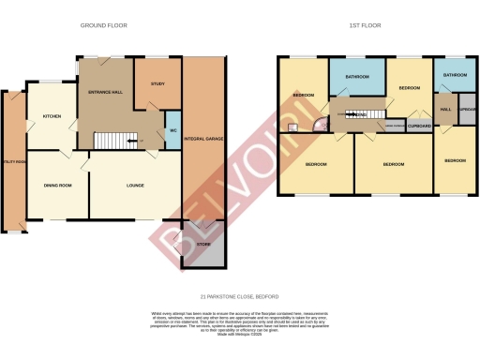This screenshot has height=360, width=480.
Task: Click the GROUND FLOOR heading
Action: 103,25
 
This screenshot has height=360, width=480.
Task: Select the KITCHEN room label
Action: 51,117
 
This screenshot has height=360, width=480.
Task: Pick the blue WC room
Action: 172,131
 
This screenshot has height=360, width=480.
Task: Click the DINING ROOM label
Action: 57,186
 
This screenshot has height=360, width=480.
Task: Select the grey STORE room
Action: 203,245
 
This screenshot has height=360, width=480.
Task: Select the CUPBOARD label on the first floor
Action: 420,125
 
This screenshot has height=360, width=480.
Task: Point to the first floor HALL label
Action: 445,110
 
